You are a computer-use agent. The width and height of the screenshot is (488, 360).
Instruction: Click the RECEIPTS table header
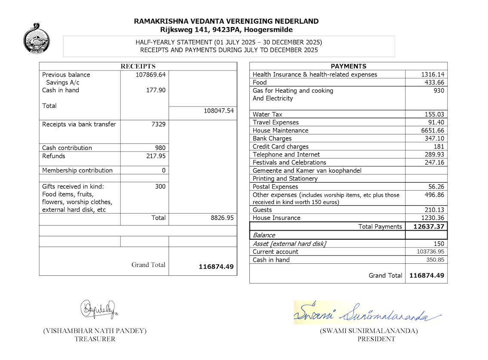pyautogui.click(x=138, y=66)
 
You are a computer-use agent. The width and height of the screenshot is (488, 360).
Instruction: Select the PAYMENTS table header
pyautogui.click(x=348, y=66)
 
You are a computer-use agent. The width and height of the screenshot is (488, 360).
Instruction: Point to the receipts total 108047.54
pyautogui.click(x=218, y=110)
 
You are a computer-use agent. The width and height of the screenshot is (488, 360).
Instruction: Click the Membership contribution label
pyautogui.click(x=77, y=170)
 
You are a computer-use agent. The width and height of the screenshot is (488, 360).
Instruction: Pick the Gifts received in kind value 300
pyautogui.click(x=160, y=186)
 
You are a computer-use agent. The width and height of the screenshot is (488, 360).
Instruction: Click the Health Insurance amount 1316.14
pyautogui.click(x=432, y=74)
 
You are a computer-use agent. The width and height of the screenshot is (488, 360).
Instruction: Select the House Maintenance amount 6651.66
pyautogui.click(x=432, y=130)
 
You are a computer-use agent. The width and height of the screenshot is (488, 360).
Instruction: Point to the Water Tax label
pyautogui.click(x=267, y=114)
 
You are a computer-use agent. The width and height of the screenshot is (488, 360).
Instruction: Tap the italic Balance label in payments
pyautogui.click(x=264, y=235)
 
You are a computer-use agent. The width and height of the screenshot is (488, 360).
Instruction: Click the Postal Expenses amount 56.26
pyautogui.click(x=435, y=186)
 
